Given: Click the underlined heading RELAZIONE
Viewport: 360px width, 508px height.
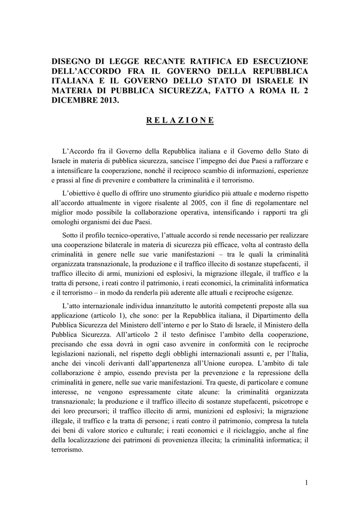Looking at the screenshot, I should (x=180, y=121).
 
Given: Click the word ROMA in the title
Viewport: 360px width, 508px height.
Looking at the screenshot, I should (x=265, y=91).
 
